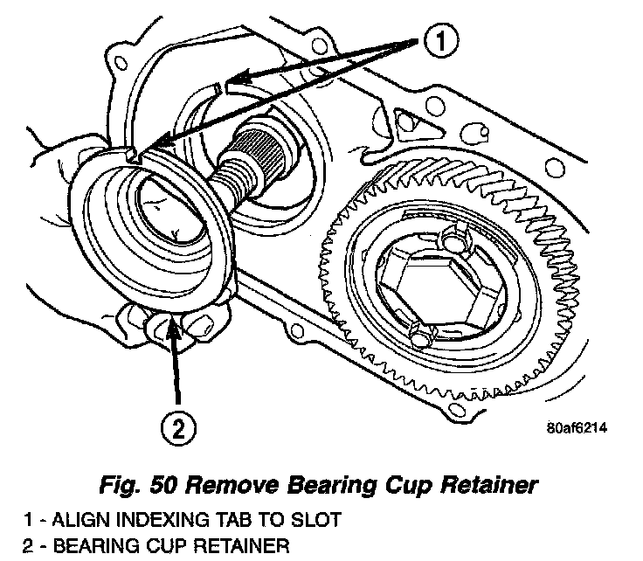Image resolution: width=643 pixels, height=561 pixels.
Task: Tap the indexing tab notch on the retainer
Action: pyautogui.click(x=130, y=155)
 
